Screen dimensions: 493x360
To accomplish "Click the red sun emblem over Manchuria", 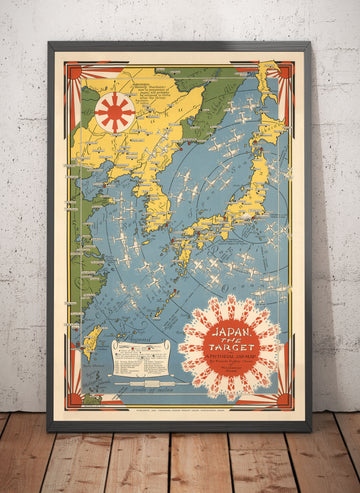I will coord(114,111).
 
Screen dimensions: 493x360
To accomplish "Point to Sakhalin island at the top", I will coord(268,80).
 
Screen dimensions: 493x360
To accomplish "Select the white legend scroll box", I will coord(140,357).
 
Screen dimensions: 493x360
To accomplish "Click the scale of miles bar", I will coord(140,381).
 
